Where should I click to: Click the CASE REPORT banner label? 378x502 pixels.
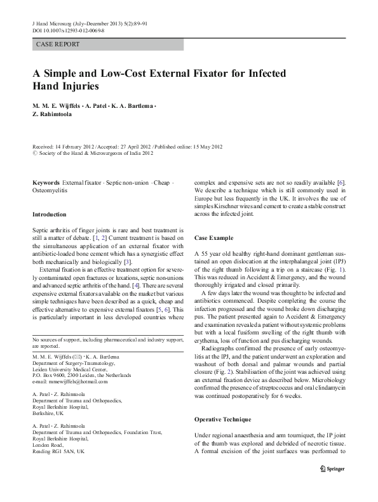58,44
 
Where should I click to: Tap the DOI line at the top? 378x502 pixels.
69,29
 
